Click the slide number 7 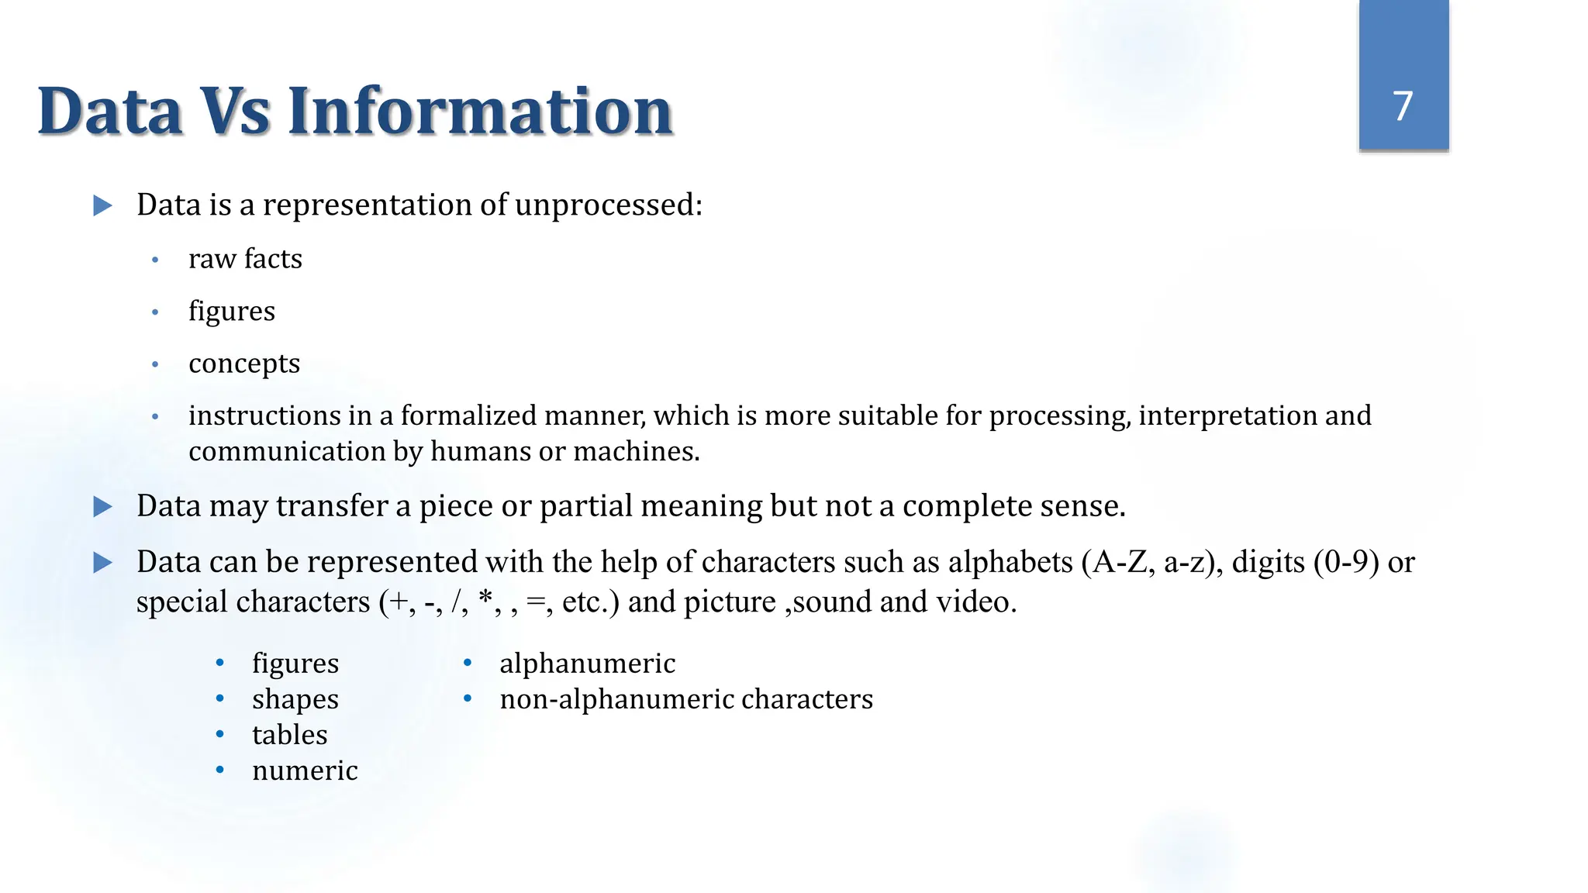coord(1403,106)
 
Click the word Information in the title coord(480,112)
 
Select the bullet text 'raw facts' coord(245,259)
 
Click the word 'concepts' coord(244,364)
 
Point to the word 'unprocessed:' coord(609,205)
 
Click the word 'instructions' coord(264,416)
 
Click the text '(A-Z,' coord(1118,563)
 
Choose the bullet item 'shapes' coord(295,699)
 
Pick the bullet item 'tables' coord(290,735)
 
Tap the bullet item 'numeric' coord(305,771)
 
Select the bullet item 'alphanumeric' coord(588,664)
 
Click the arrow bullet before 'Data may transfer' coord(102,507)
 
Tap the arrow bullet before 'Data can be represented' coord(102,563)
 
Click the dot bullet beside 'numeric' coord(220,770)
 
